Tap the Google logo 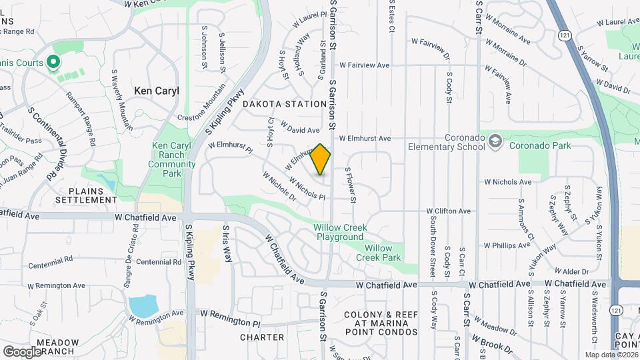[22, 351]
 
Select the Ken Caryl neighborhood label [157, 91]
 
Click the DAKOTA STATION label [284, 104]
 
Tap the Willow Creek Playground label [340, 232]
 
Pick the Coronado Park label [540, 144]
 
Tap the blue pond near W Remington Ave [143, 306]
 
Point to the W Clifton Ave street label [449, 211]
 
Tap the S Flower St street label [351, 183]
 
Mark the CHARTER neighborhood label [262, 337]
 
